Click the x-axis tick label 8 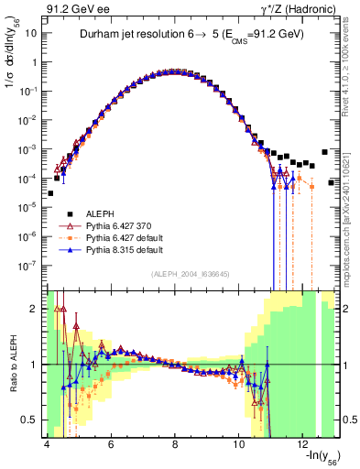(x=175, y=442)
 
